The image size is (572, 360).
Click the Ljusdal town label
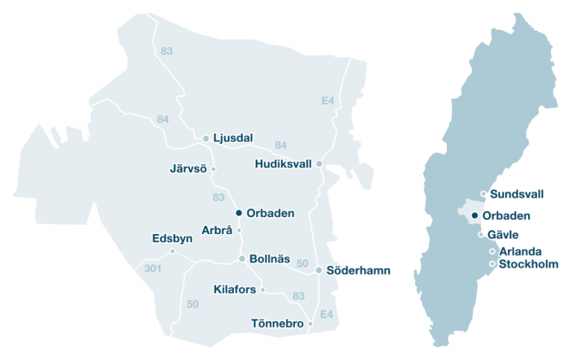pyautogui.click(x=233, y=138)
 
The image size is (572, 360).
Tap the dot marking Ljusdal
pyautogui.click(x=206, y=138)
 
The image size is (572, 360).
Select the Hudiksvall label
pyautogui.click(x=283, y=164)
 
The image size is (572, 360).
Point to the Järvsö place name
pyautogui.click(x=189, y=169)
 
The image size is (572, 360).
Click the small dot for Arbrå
pyautogui.click(x=239, y=230)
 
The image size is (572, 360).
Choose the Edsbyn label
pyautogui.click(x=172, y=239)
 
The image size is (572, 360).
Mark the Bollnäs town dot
pyautogui.click(x=242, y=259)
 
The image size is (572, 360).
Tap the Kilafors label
pyautogui.click(x=235, y=289)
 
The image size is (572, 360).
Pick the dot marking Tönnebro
pyautogui.click(x=311, y=323)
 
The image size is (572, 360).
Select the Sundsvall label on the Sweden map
pyautogui.click(x=517, y=195)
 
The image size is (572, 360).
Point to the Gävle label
pyautogui.click(x=505, y=235)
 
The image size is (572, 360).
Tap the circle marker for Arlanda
pyautogui.click(x=492, y=252)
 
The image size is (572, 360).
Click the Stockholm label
pyautogui.click(x=529, y=264)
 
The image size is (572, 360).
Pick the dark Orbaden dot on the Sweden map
pyautogui.click(x=475, y=215)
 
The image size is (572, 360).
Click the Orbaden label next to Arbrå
pyautogui.click(x=270, y=213)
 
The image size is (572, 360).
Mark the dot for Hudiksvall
pyautogui.click(x=319, y=163)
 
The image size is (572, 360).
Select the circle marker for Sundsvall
pyautogui.click(x=484, y=195)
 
